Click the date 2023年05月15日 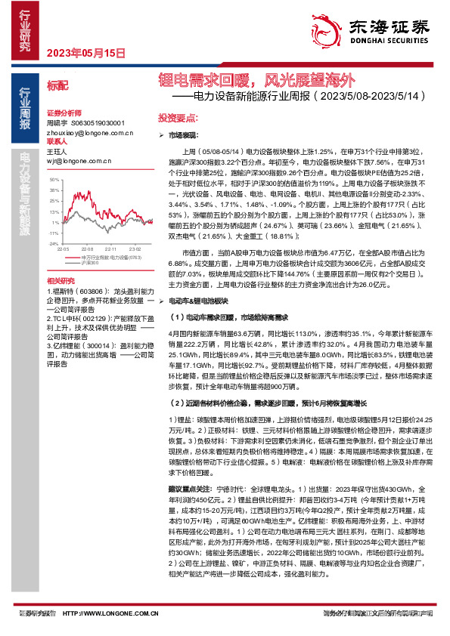tap(85, 53)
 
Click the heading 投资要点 tap(177, 118)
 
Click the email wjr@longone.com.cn tap(73, 161)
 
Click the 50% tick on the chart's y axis tap(54, 181)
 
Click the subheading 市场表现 tap(181, 133)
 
